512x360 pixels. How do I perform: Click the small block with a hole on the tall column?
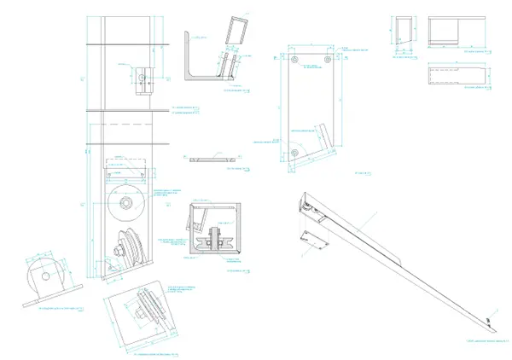(142, 76)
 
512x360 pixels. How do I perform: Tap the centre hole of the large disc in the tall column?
(126, 203)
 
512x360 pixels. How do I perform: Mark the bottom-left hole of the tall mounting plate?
(294, 152)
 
